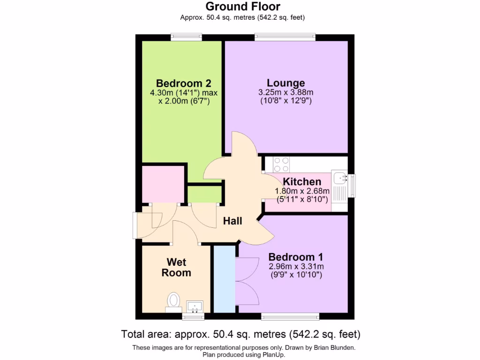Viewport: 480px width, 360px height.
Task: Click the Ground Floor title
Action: pos(243,7)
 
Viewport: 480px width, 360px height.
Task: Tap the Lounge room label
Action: pos(285,83)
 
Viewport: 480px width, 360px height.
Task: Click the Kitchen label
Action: pos(302,182)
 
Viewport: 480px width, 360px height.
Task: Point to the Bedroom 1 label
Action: pos(295,257)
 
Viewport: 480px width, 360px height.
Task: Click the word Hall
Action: pos(232,220)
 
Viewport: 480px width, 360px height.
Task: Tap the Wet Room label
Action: pos(176,267)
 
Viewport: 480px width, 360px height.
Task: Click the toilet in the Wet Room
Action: pos(174,301)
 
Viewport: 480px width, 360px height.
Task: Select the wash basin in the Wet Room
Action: pos(195,307)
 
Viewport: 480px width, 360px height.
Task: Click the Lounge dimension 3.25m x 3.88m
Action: pos(285,92)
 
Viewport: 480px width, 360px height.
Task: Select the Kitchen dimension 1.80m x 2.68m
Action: pos(302,191)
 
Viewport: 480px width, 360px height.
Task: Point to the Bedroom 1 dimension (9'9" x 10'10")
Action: pos(295,275)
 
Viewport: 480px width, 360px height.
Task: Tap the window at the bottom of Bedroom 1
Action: pos(291,316)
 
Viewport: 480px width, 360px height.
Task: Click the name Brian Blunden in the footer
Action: pos(334,347)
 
